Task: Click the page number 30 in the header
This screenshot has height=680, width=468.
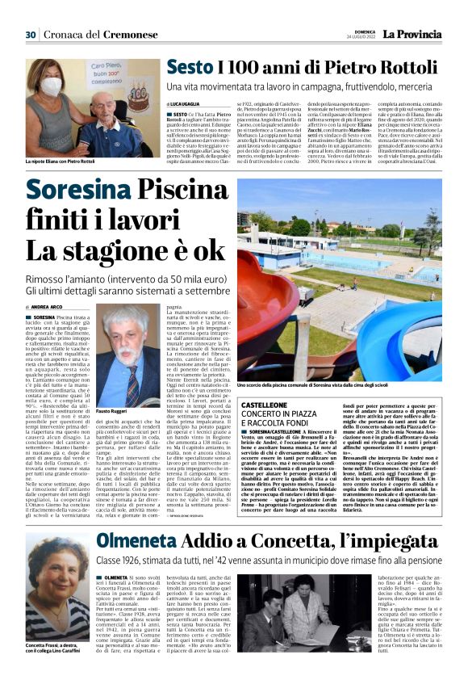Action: (x=31, y=35)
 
